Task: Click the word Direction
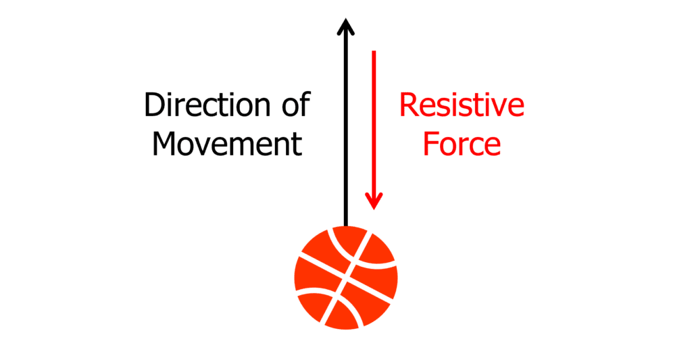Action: click(x=207, y=105)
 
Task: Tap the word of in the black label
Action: click(x=296, y=104)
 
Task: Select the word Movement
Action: click(x=227, y=144)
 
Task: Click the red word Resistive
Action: click(x=462, y=105)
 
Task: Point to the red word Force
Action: click(x=462, y=144)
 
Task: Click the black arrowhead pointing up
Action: click(x=346, y=26)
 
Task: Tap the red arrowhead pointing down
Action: click(x=374, y=201)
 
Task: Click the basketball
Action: click(x=346, y=278)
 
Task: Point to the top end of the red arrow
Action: click(x=374, y=51)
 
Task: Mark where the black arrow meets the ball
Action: click(x=346, y=226)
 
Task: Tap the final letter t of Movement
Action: click(x=297, y=145)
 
